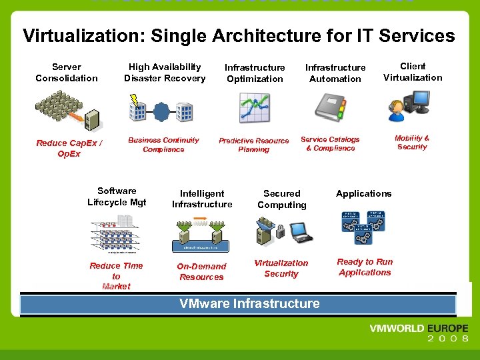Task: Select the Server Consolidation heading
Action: (x=67, y=73)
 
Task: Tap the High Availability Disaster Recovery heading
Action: (x=165, y=73)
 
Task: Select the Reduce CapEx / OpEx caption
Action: (x=69, y=148)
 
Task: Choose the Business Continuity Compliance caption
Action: (x=163, y=145)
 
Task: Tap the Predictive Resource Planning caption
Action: (x=254, y=145)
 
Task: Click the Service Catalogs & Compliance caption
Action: (x=330, y=144)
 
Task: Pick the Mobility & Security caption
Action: (x=412, y=143)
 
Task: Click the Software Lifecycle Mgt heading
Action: (x=117, y=197)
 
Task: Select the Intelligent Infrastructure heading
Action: (x=202, y=199)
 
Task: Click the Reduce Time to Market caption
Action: (x=116, y=276)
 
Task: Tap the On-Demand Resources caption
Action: (x=201, y=271)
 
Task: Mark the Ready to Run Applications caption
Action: (x=365, y=267)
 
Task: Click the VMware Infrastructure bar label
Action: (x=249, y=304)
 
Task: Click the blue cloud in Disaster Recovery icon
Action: (x=162, y=110)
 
